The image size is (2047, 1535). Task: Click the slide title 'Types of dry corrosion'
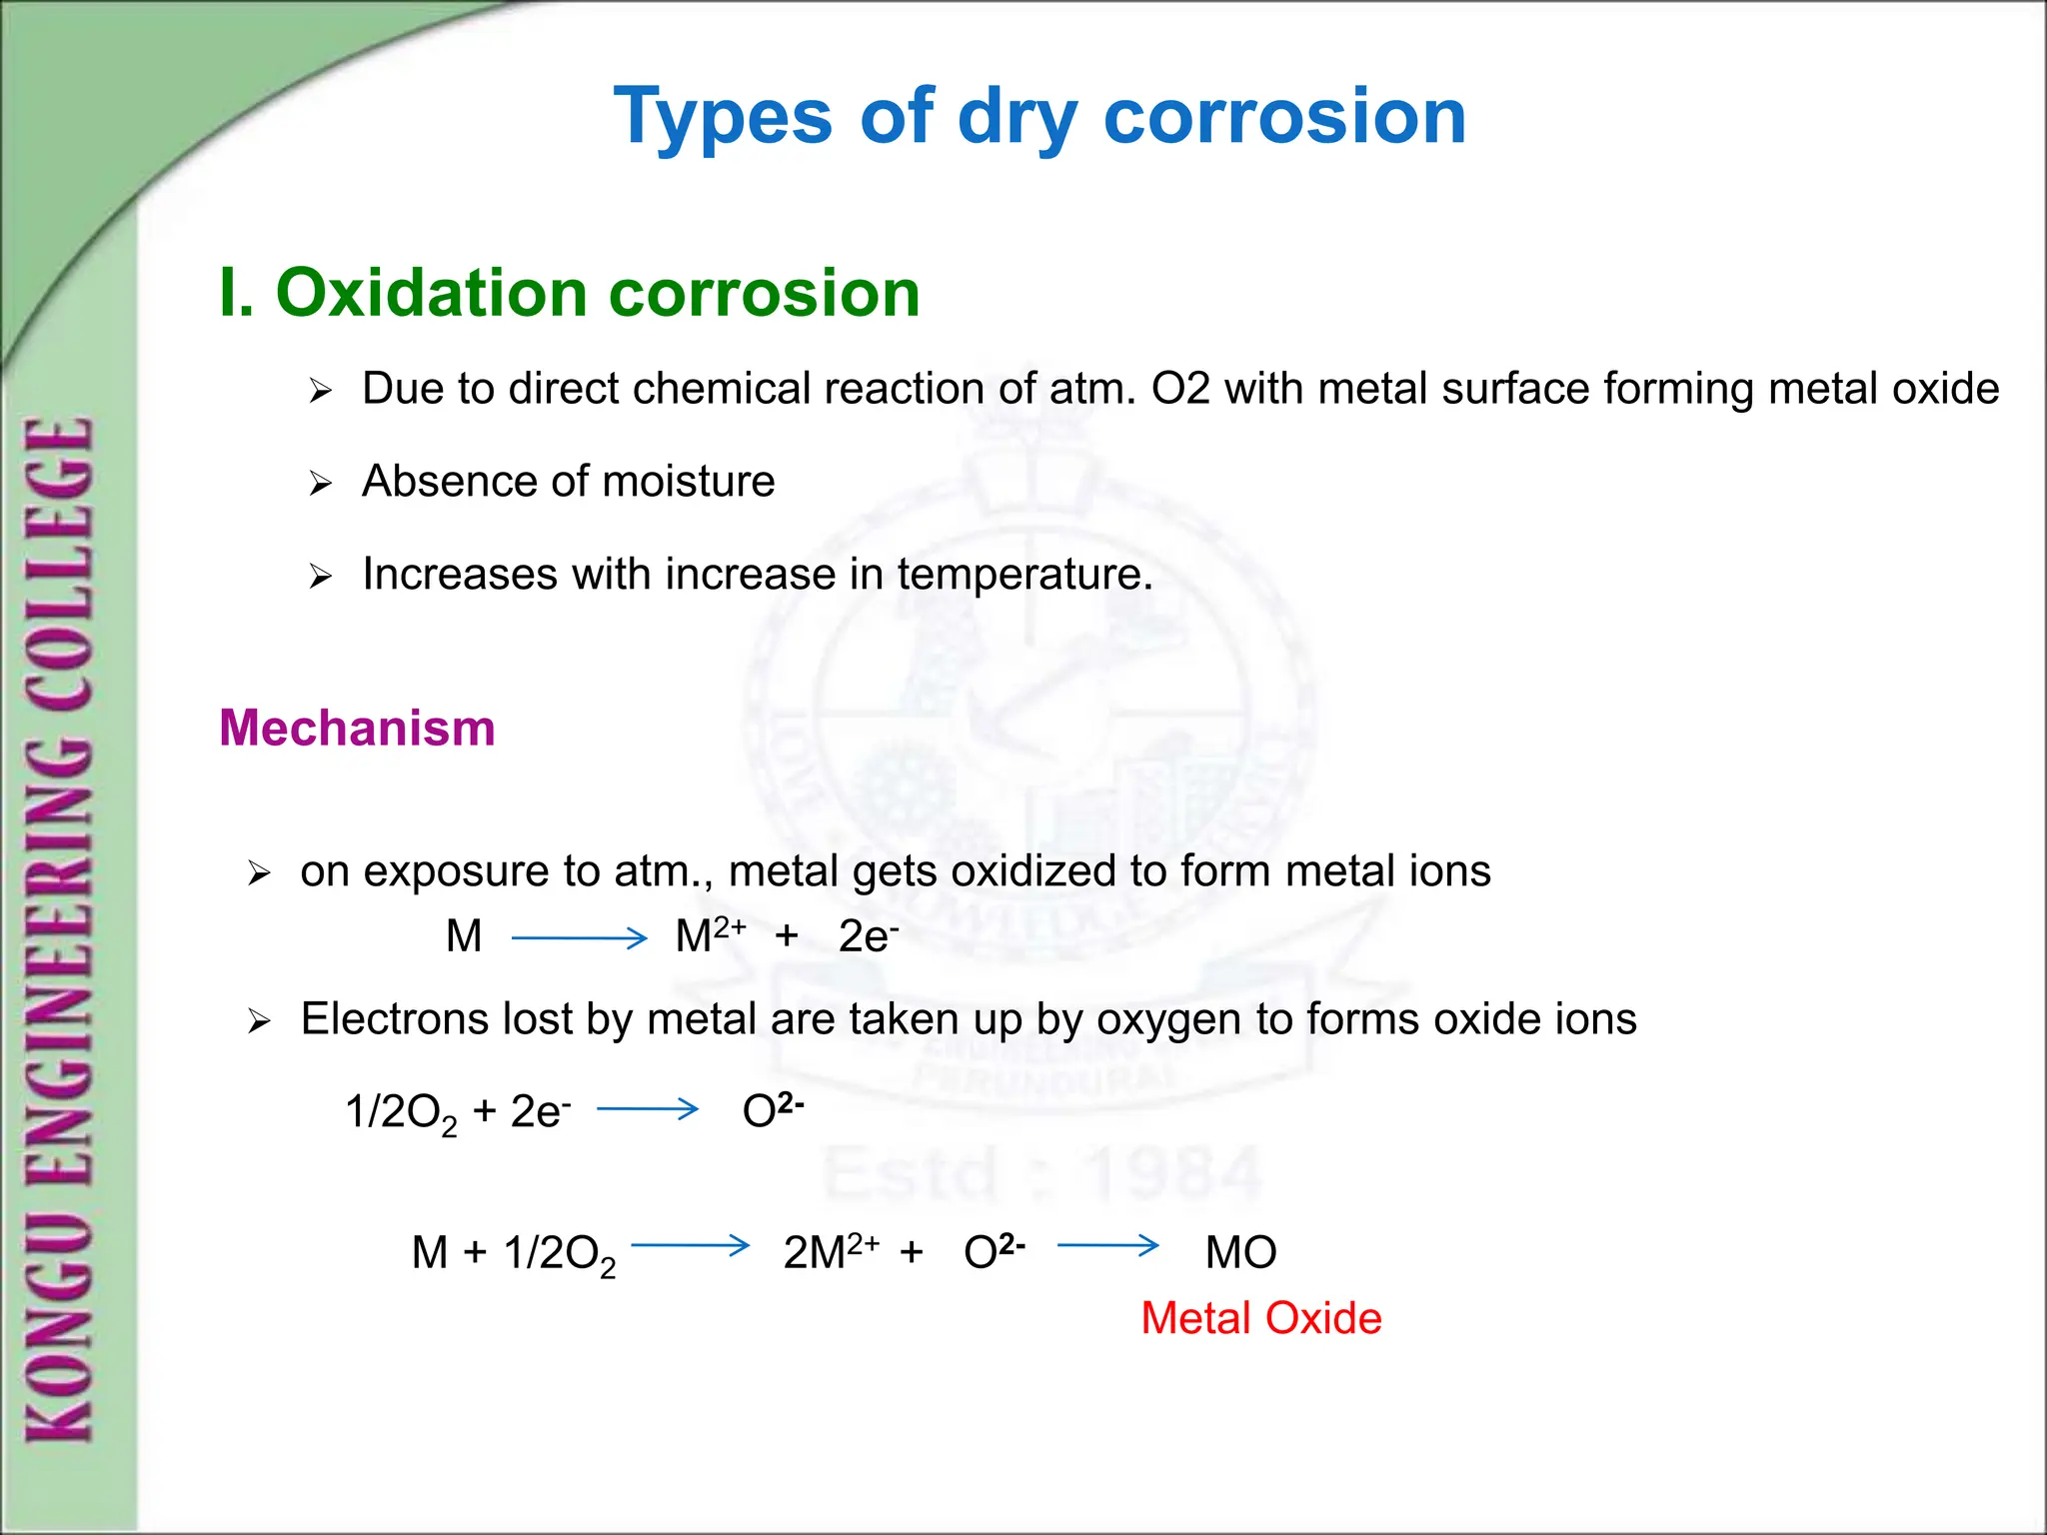(1039, 117)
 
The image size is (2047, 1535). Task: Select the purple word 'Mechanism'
(357, 728)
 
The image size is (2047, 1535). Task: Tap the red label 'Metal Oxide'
(1260, 1318)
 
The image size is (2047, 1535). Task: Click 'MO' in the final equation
(1240, 1252)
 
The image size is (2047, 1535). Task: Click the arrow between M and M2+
(579, 937)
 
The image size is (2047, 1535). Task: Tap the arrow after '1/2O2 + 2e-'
(648, 1108)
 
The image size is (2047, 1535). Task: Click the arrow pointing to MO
(1107, 1245)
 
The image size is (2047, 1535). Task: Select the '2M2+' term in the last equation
(830, 1251)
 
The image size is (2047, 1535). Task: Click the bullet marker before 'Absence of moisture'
(320, 485)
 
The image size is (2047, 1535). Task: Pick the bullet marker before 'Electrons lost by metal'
(259, 1021)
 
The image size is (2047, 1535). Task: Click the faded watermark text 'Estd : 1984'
(1042, 1172)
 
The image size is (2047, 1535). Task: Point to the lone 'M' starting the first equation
(464, 936)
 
